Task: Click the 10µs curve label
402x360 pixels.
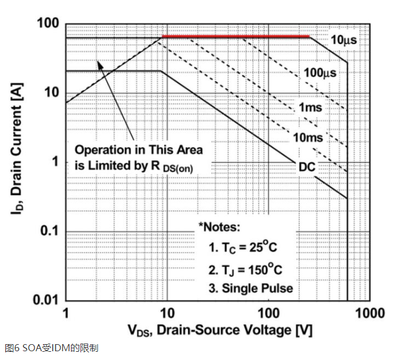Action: pos(343,40)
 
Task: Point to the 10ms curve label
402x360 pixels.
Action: pos(307,138)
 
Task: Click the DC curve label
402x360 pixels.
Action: pos(306,168)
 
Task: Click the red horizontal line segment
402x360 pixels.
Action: pos(235,37)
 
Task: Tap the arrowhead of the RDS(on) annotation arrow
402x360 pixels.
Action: pos(100,64)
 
